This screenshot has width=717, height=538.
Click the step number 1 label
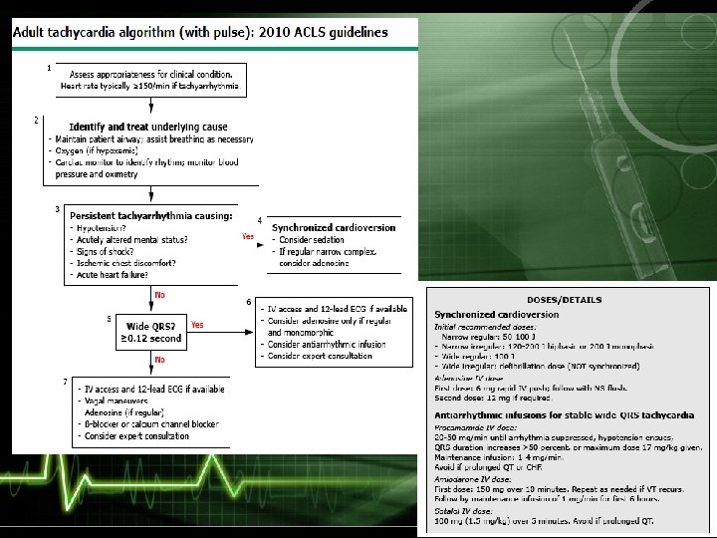coord(49,68)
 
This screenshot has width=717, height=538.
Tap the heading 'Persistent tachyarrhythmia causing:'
coord(150,214)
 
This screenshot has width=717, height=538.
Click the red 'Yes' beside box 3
coord(249,237)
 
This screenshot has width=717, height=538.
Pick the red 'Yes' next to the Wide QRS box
coord(197,325)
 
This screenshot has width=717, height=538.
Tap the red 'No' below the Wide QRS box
coord(159,359)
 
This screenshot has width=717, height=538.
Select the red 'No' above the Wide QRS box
coord(158,296)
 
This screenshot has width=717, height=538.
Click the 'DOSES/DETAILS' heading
coord(564,300)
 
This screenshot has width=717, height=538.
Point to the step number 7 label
coord(65,381)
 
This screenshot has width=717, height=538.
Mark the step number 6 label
coord(248,302)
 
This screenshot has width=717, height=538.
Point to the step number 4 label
coord(259,219)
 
